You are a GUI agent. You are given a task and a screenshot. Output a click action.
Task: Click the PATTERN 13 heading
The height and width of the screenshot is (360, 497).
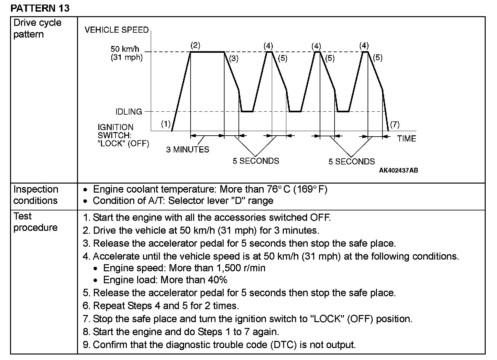pos(40,8)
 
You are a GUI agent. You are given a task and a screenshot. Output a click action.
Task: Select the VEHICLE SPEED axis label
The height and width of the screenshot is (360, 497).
pos(116,30)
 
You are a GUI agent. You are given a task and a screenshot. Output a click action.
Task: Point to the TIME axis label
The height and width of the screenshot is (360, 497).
pos(406,139)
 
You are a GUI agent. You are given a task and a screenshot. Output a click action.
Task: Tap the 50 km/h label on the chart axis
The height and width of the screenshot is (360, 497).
pos(125,49)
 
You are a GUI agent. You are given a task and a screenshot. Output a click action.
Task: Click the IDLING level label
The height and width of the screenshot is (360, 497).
pos(129,112)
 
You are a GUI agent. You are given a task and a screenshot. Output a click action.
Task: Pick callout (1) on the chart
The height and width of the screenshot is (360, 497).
pos(166,124)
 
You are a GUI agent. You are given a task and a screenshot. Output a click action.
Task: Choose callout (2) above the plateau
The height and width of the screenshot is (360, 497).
pos(195,45)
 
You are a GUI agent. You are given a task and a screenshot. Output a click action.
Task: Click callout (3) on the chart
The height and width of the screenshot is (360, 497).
pos(234,59)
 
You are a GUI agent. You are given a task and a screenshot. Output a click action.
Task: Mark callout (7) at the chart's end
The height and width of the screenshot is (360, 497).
pos(395,124)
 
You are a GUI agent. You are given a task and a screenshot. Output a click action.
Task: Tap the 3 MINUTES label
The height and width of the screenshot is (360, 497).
pos(188,150)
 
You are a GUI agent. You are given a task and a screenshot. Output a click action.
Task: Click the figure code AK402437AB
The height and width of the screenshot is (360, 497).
pos(398,171)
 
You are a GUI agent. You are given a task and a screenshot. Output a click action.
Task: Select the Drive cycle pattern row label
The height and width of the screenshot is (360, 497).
pos(37,28)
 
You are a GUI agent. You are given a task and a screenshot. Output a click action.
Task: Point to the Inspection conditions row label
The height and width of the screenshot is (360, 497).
pos(36,195)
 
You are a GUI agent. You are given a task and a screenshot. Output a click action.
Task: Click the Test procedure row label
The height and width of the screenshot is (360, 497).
pos(35,222)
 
